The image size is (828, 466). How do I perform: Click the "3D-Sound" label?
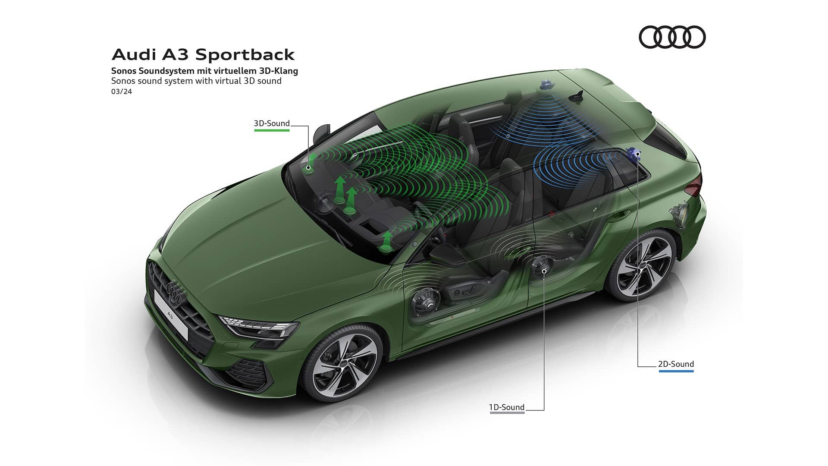tap(272, 123)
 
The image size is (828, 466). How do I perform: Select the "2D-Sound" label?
tap(676, 364)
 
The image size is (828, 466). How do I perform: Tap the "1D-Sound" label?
tap(507, 407)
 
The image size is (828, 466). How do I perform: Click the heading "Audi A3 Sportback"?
tap(203, 55)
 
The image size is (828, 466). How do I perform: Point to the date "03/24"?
tap(121, 91)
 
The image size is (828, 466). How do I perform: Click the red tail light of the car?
tap(694, 188)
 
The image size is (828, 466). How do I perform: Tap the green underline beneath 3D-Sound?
tap(272, 130)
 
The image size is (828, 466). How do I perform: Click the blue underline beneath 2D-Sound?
tap(676, 371)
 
